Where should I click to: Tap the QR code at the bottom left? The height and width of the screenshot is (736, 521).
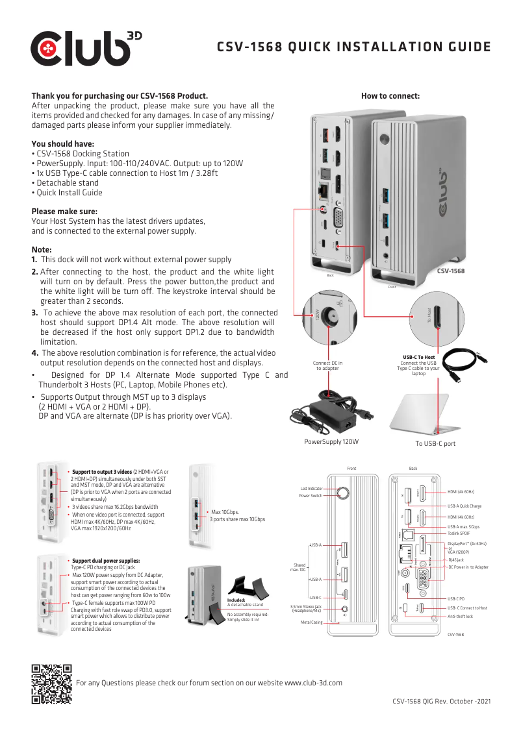pyautogui.click(x=52, y=684)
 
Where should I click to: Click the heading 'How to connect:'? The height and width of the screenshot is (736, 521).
pyautogui.click(x=390, y=96)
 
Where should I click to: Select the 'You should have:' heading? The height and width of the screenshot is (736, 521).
pyautogui.click(x=63, y=144)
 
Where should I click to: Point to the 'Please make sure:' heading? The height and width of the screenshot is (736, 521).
pyautogui.click(x=65, y=211)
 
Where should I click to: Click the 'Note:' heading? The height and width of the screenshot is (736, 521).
pyautogui.click(x=42, y=250)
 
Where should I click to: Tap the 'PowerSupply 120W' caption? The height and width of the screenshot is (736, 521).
pyautogui.click(x=331, y=442)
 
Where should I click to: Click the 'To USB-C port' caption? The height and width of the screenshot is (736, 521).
pyautogui.click(x=435, y=444)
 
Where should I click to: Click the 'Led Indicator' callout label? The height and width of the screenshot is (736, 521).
pyautogui.click(x=311, y=488)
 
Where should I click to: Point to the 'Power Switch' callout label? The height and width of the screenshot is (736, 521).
pyautogui.click(x=311, y=496)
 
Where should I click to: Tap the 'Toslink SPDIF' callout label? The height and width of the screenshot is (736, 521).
pyautogui.click(x=459, y=532)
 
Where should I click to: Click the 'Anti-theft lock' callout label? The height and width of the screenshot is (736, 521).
pyautogui.click(x=461, y=616)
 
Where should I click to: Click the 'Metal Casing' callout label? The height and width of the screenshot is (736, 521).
pyautogui.click(x=311, y=622)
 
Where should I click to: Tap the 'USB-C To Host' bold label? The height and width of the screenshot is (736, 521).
pyautogui.click(x=418, y=357)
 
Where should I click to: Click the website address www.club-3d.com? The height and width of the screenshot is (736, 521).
pyautogui.click(x=314, y=683)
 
